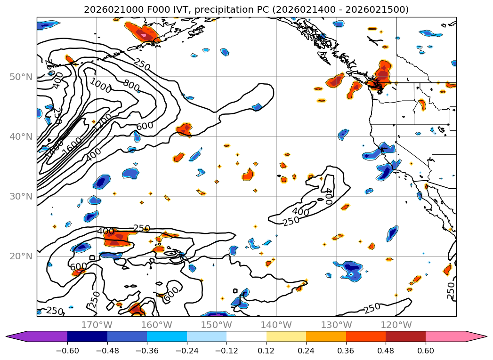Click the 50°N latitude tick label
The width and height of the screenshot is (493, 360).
click(20, 77)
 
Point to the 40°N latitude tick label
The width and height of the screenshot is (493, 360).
click(20, 136)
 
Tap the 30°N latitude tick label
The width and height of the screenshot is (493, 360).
click(20, 196)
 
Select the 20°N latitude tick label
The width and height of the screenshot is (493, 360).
click(20, 256)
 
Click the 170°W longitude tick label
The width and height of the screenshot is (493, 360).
click(97, 325)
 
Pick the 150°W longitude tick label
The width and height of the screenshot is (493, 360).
click(216, 325)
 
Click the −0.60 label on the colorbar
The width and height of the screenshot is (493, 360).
click(67, 351)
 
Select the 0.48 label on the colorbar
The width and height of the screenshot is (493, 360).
click(386, 351)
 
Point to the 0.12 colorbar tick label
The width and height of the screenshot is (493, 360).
click(267, 351)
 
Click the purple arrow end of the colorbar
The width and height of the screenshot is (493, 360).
click(19, 336)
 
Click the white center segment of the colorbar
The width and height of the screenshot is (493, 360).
click(246, 336)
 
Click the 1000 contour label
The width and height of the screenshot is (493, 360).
click(100, 86)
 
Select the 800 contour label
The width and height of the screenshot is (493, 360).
click(131, 85)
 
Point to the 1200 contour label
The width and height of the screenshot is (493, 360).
click(103, 122)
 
